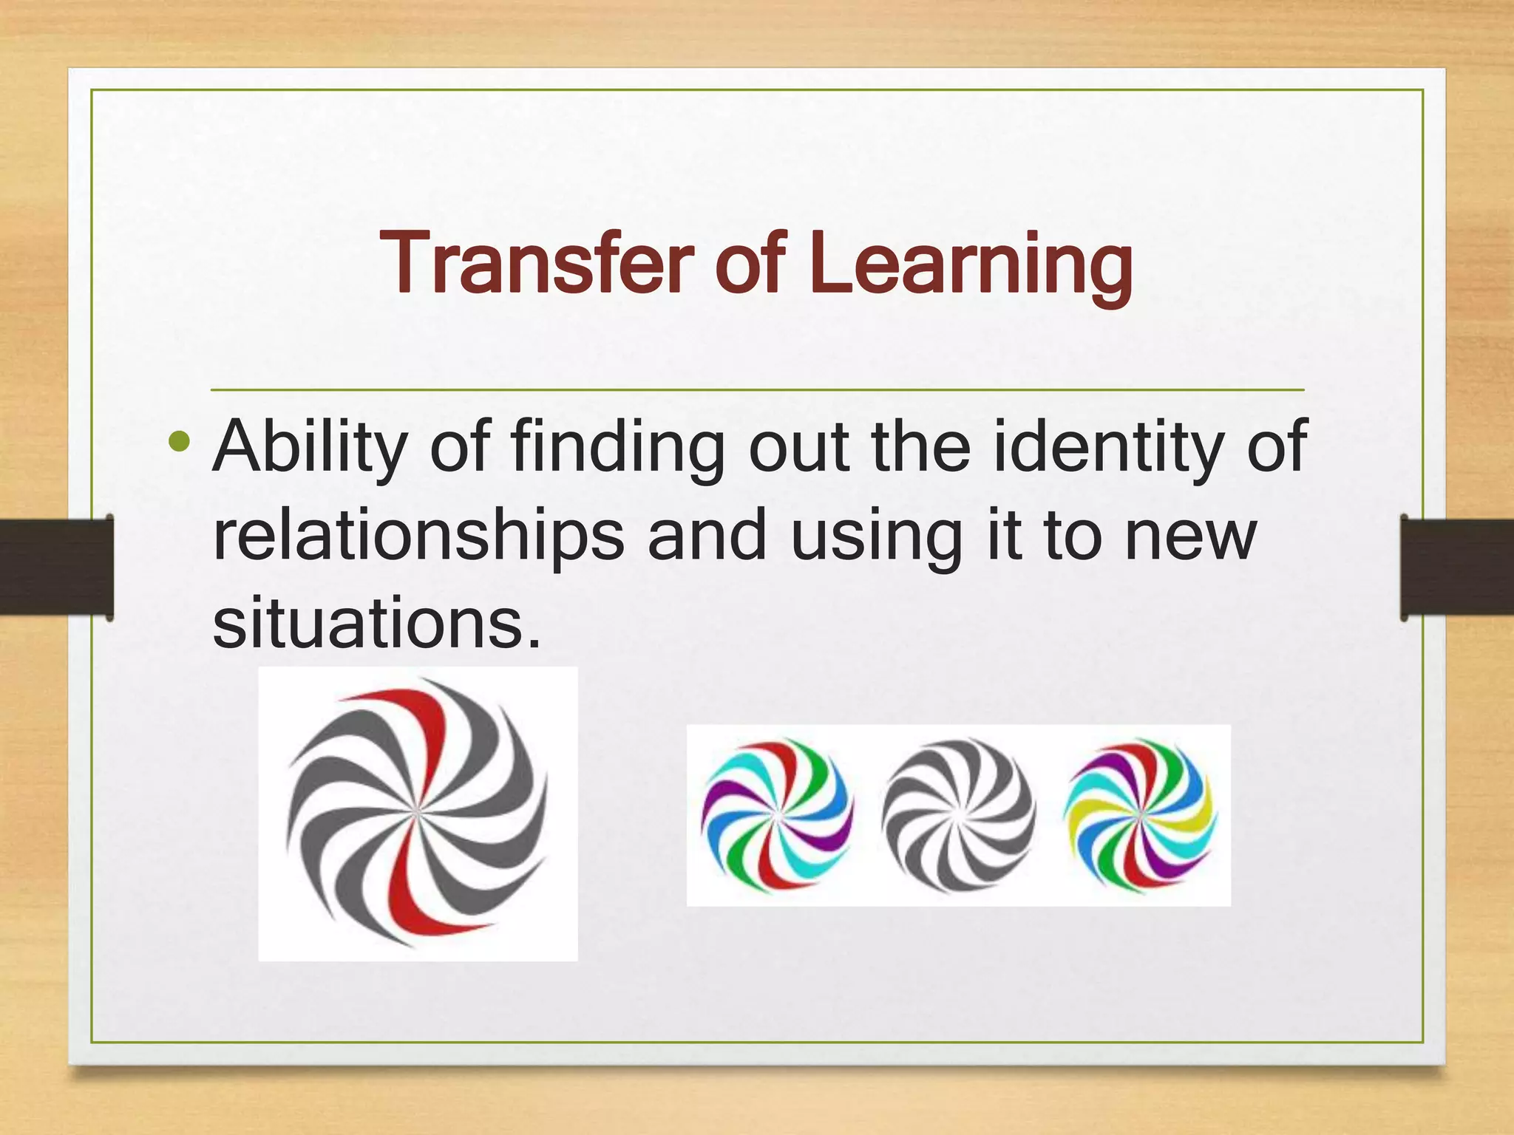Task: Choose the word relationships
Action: (x=418, y=537)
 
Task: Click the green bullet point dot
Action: (x=180, y=443)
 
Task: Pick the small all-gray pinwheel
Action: (x=958, y=815)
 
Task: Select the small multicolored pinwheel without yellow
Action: (x=777, y=815)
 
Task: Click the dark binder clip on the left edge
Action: (x=56, y=567)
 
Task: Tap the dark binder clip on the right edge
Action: (x=1456, y=567)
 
